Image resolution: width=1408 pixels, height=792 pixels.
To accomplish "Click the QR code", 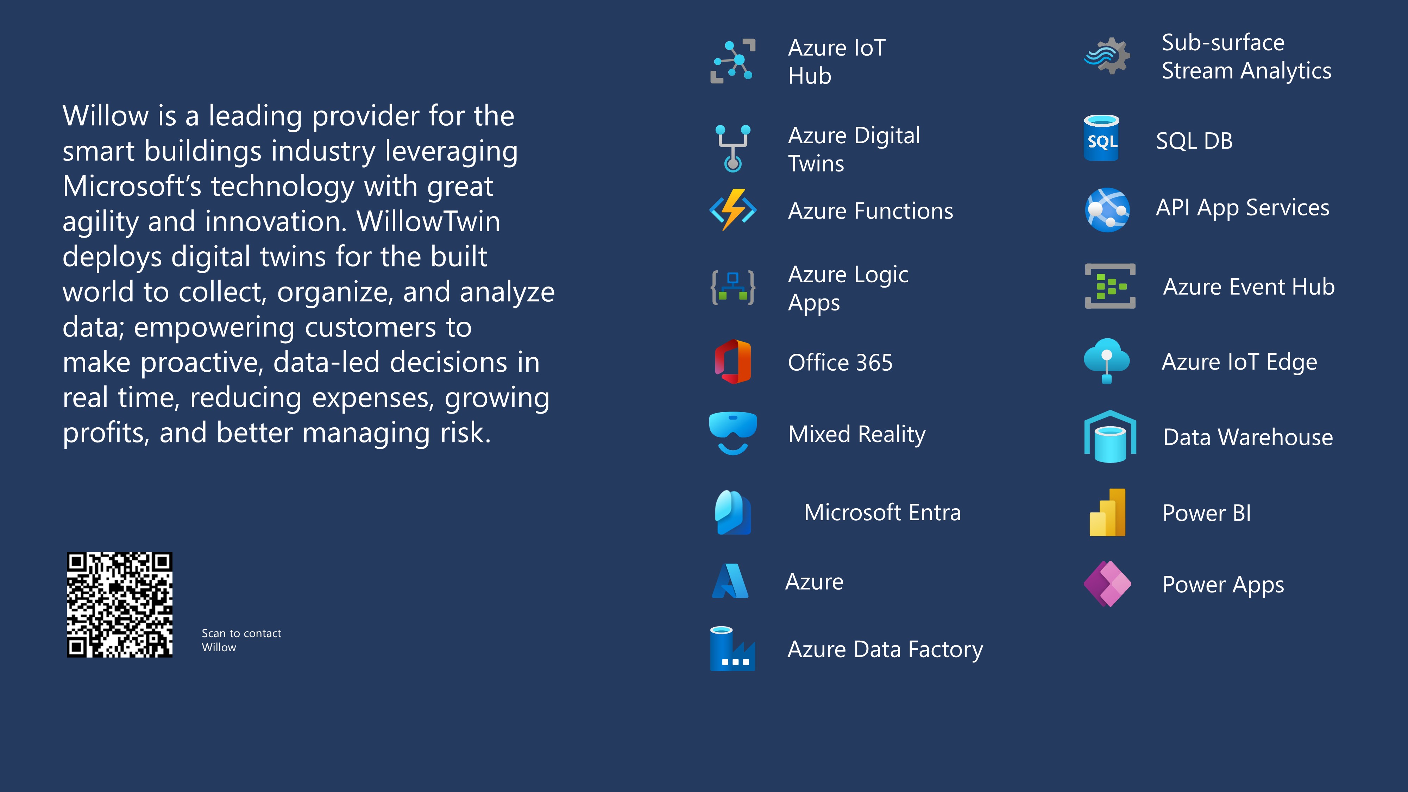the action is pyautogui.click(x=120, y=604).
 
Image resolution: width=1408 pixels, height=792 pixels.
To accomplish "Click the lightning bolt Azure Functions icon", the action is pyautogui.click(x=733, y=210).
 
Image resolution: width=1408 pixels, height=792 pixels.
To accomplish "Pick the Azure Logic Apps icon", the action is pyautogui.click(x=733, y=288).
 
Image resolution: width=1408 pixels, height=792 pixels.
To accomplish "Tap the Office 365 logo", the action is pyautogui.click(x=733, y=362).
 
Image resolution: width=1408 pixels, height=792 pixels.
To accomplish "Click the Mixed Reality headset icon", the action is pyautogui.click(x=733, y=433).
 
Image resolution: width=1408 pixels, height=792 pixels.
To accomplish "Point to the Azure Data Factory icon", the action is pyautogui.click(x=733, y=649).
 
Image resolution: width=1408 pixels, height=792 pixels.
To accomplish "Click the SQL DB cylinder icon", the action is pyautogui.click(x=1101, y=138).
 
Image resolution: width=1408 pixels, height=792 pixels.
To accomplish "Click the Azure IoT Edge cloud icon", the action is pyautogui.click(x=1107, y=361).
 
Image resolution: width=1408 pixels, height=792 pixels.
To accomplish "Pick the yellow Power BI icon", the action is pyautogui.click(x=1107, y=512).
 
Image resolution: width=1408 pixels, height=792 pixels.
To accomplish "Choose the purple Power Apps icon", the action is pyautogui.click(x=1107, y=584).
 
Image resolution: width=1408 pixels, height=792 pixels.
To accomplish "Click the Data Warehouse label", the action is pyautogui.click(x=1248, y=437).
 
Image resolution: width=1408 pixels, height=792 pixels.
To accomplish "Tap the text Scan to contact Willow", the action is pyautogui.click(x=241, y=640).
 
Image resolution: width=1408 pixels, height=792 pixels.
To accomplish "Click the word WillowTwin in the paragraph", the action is pyautogui.click(x=428, y=221).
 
